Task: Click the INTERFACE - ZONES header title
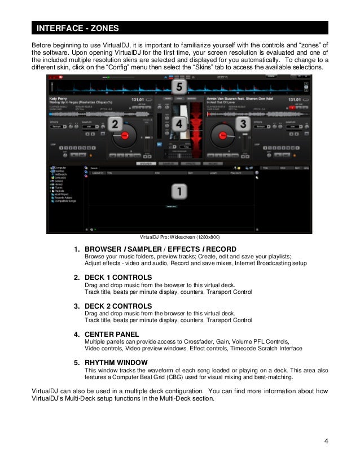coord(74,28)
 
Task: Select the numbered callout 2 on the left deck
coord(115,125)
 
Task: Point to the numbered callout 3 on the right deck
coord(243,124)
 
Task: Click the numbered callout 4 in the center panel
coord(179,124)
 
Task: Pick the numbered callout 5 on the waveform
coord(179,87)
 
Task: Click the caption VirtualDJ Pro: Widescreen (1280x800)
coord(179,237)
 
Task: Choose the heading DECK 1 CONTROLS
coord(118,278)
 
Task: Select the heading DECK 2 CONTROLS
coord(118,306)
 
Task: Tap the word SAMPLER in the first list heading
coord(146,249)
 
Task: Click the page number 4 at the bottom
coord(326,441)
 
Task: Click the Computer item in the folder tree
coord(60,168)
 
